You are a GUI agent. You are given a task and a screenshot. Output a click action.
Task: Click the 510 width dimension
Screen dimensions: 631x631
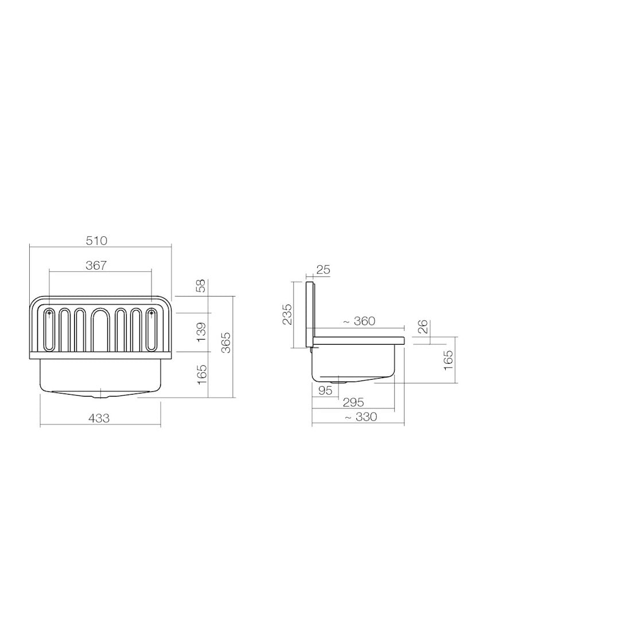tap(96, 241)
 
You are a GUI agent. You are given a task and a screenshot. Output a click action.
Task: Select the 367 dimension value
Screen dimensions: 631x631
tap(96, 266)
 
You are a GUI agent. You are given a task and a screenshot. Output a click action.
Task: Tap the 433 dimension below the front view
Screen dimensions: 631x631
tap(99, 419)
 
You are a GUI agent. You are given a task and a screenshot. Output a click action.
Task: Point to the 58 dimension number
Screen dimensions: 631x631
tap(201, 286)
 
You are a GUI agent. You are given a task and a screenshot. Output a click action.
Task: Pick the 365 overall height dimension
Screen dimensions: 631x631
tap(227, 342)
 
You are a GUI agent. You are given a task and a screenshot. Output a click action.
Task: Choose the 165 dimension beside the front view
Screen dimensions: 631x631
tap(201, 374)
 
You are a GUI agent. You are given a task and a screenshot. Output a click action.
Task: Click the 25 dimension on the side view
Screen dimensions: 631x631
tap(323, 270)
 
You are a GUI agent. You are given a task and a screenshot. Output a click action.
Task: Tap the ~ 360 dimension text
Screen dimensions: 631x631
tap(359, 321)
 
